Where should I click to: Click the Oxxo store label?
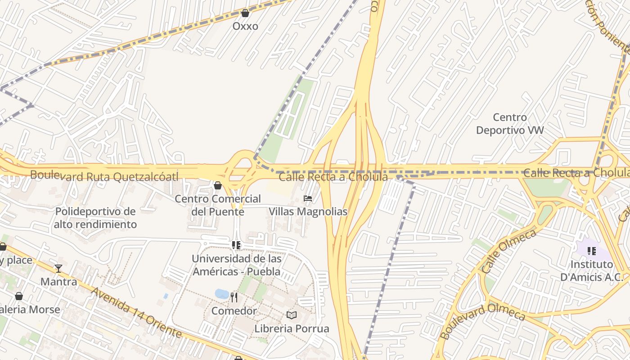pos(245,26)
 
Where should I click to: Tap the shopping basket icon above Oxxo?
pos(245,13)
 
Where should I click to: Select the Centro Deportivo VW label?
pos(510,124)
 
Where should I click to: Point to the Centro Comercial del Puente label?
pos(218,205)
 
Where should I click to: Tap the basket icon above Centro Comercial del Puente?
pos(218,185)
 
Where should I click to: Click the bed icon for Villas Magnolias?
pos(308,198)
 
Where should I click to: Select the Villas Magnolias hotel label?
pos(308,211)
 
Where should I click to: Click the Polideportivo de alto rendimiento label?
pos(95,217)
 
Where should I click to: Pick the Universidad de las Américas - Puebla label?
pos(237,265)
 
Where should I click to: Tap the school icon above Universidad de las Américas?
pos(236,245)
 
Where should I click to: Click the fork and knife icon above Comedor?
pos(234,297)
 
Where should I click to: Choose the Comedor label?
pos(234,310)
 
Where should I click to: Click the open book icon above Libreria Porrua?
pos(292,315)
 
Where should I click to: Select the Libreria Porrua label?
pos(292,328)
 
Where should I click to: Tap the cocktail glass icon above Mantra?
pos(58,269)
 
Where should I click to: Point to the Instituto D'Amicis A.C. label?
pos(592,270)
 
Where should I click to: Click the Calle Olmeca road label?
pos(508,251)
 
